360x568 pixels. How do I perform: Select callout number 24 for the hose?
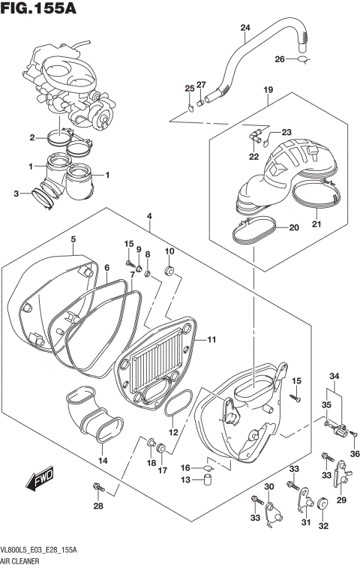point(244,29)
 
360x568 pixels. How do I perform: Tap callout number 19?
point(268,91)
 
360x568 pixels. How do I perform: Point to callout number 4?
point(150,216)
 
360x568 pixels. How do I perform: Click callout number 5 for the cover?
point(73,239)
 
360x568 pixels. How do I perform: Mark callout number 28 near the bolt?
point(97,506)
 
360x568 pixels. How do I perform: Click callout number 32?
point(323,526)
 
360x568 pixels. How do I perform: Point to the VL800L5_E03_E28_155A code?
point(40,551)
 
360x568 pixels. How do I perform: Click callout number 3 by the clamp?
point(16,194)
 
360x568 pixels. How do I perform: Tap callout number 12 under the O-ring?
point(173,432)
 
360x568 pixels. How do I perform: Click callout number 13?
point(185,479)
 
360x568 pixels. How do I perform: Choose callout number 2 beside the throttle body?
point(32,137)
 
